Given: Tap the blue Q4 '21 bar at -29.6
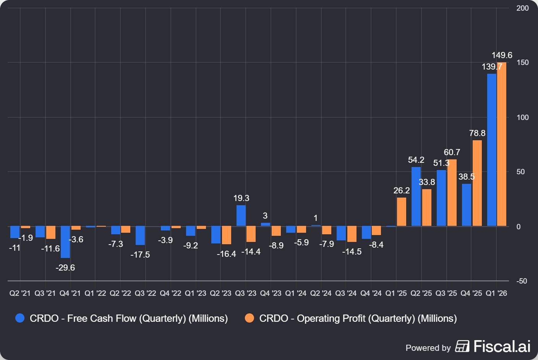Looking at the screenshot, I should pos(65,242).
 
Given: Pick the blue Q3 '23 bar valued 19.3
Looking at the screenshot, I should pos(241,216).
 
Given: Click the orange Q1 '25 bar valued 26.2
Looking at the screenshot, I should pos(402,212).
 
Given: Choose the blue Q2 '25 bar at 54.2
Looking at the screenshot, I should pos(416,196).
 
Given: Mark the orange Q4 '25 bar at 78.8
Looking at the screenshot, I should pos(477,183).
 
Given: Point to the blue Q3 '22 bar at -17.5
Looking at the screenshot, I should pos(140,235).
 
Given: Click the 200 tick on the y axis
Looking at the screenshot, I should pos(522,8).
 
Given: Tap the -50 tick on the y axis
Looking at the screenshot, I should pos(522,281).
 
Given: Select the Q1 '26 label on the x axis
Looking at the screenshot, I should pos(496,293).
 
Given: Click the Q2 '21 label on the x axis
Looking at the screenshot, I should pos(20,293).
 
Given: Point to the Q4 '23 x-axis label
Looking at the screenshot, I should pos(271,293).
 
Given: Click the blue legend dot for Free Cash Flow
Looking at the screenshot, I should pos(20,318).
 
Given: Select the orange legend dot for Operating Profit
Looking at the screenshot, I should pos(250,318).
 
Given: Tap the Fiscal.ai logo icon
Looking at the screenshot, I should pos(462,346).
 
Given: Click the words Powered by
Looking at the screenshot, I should pos(428,348).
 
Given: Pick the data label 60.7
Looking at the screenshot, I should pos(452,152).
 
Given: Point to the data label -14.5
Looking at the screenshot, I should pos(352,251).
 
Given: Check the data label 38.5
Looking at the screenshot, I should pos(467,177).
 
